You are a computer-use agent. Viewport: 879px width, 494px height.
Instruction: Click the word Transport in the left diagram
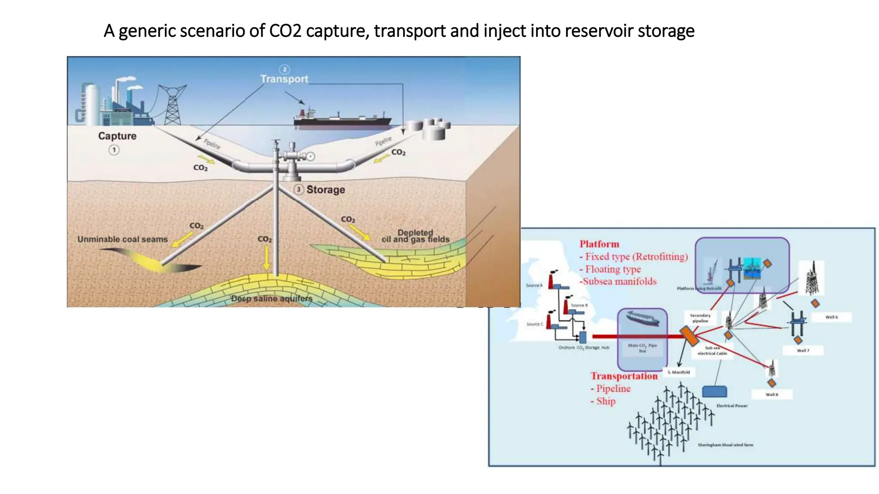284,79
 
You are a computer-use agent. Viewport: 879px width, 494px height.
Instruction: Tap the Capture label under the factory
117,136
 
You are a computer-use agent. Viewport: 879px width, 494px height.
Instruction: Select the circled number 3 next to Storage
299,190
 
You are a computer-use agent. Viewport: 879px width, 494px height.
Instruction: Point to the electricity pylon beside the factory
173,104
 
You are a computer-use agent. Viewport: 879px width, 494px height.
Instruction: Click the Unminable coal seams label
122,239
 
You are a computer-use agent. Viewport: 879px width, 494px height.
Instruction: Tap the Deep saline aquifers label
272,298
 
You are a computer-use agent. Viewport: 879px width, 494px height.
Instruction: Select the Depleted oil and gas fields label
415,236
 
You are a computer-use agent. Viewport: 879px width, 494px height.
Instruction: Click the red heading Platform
599,244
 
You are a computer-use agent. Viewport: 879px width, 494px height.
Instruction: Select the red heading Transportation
624,376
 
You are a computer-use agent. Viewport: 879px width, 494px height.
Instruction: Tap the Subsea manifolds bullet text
619,281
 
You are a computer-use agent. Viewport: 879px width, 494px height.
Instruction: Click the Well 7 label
803,350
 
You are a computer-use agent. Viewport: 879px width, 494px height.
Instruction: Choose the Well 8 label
772,395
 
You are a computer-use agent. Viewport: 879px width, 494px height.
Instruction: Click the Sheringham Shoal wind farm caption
725,445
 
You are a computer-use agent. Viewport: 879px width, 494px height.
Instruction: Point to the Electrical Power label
732,406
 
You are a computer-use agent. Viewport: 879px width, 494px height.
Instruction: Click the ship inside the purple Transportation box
642,319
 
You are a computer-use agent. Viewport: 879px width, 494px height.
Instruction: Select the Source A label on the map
534,285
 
